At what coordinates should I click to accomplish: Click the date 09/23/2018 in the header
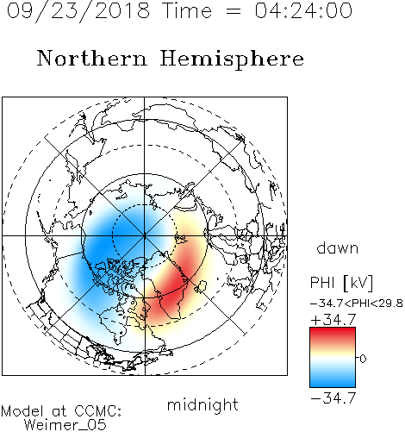click(78, 11)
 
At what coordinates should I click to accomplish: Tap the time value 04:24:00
click(303, 10)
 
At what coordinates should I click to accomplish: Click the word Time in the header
click(187, 10)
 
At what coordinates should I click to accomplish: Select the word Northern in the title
click(91, 58)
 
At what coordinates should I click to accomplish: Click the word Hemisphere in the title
click(232, 59)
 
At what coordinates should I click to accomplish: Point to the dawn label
click(337, 247)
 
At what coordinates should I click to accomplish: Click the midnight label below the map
click(202, 405)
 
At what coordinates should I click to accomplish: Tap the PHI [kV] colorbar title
click(341, 283)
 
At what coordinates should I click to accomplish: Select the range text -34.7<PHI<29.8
click(357, 303)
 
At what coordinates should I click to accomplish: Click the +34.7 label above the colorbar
click(333, 320)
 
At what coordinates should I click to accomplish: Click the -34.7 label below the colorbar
click(333, 398)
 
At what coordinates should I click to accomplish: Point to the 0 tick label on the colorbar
click(363, 359)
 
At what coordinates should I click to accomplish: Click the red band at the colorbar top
click(333, 333)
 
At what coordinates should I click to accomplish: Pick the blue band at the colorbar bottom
click(333, 382)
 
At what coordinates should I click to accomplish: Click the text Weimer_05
click(65, 425)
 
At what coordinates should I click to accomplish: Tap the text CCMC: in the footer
click(98, 411)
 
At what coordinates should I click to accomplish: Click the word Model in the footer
click(22, 411)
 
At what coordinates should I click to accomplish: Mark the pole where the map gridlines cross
click(145, 235)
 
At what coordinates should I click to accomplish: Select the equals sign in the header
click(234, 11)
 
